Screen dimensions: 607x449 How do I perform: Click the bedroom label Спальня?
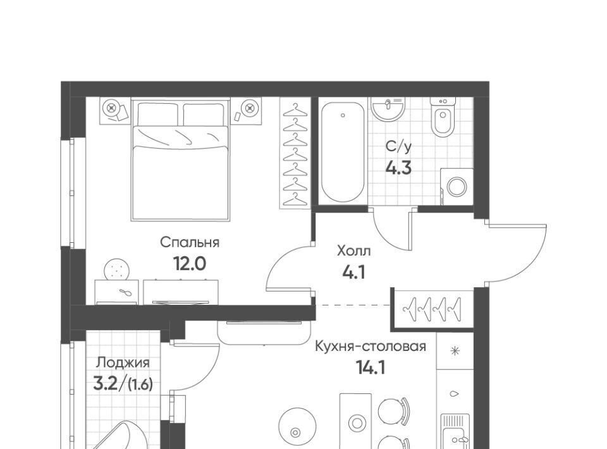point(190,243)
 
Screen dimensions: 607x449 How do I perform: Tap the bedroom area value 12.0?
point(189,264)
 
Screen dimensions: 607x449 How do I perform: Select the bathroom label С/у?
point(398,147)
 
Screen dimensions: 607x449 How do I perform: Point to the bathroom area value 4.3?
point(398,168)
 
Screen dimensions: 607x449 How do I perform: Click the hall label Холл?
point(354,251)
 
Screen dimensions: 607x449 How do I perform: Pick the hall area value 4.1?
point(354,273)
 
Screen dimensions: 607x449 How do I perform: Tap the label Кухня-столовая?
point(371,346)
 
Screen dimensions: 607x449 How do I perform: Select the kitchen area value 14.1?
point(371,367)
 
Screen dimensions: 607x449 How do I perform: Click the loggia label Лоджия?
point(123,363)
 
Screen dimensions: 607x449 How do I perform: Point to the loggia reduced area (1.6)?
point(140,384)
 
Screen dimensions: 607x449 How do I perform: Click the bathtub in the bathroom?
point(343,152)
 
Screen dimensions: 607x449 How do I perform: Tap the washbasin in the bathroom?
point(388,108)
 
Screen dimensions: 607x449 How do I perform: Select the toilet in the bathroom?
point(443,116)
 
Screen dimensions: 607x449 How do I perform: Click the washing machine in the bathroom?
point(457,187)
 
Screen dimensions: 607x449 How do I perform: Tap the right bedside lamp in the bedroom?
point(249,106)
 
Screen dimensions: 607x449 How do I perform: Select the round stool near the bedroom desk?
point(118,269)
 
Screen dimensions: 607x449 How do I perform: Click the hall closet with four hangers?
point(432,310)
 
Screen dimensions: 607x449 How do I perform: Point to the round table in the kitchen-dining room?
point(295,427)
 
